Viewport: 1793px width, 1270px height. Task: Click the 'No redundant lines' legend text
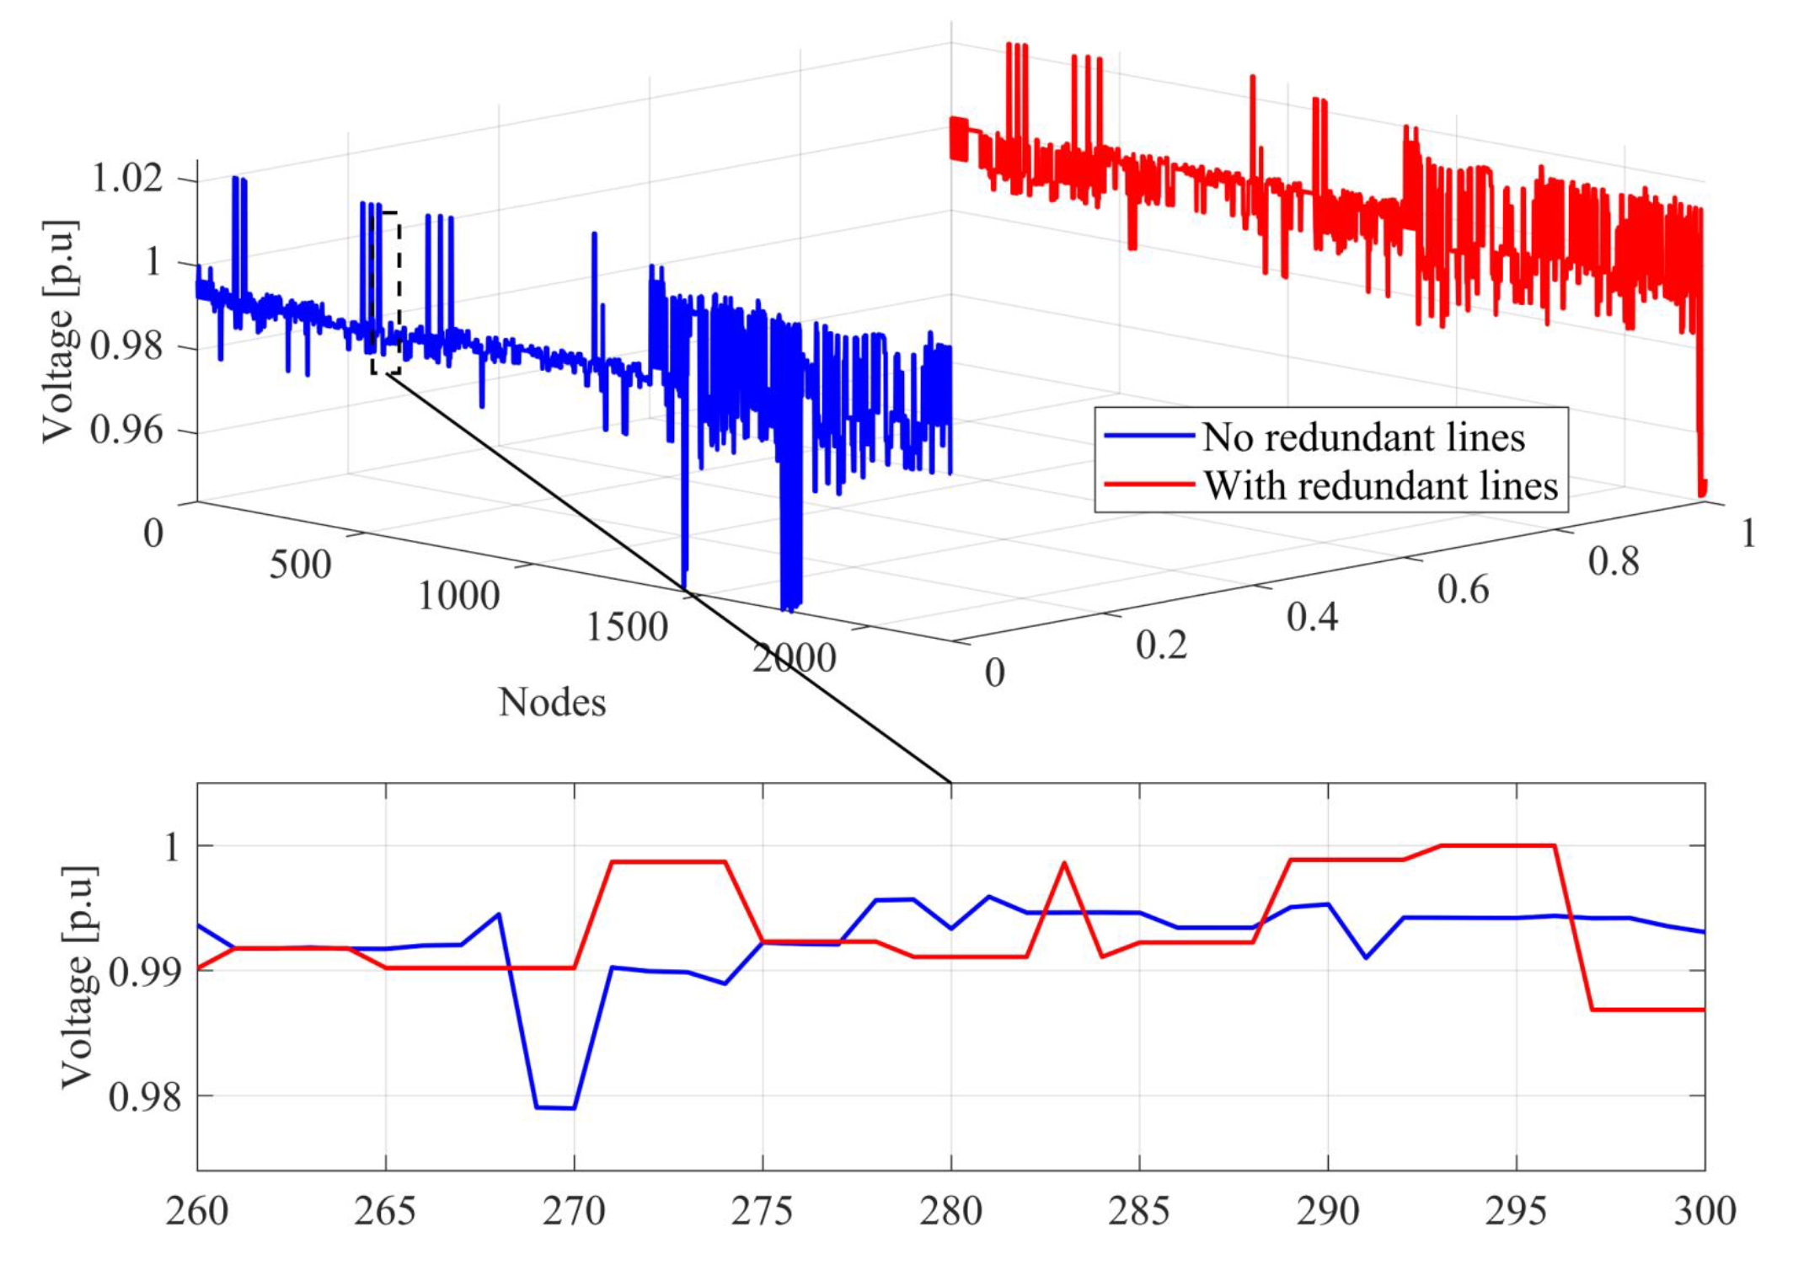coord(1362,437)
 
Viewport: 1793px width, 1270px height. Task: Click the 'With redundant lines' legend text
coord(1380,486)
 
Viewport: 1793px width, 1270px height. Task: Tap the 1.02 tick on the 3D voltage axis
coord(126,178)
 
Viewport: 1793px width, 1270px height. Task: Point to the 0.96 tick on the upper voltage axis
coord(126,430)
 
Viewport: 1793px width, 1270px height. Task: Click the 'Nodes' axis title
coord(552,702)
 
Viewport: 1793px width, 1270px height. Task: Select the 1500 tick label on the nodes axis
coord(627,627)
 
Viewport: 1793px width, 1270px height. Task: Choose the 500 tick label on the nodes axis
coord(300,565)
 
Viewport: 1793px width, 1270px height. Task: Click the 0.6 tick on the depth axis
coord(1463,589)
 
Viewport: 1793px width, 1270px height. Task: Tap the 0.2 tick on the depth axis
coord(1161,645)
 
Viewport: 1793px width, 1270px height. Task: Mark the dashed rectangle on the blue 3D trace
coord(385,292)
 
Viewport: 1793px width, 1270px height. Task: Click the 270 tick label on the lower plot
coord(574,1212)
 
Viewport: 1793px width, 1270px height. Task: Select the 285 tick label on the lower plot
coord(1139,1212)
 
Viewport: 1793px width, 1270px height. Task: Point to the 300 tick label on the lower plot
coord(1704,1212)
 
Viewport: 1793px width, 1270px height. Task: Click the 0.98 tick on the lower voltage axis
coord(144,1096)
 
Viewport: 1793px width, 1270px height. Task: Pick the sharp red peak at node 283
coord(1064,863)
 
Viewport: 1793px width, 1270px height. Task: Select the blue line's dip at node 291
coord(1366,957)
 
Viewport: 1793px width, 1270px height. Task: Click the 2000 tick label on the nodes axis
coord(794,658)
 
